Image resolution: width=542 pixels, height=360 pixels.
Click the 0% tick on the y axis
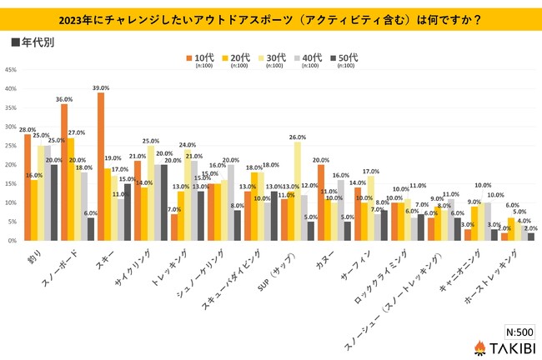click(10, 241)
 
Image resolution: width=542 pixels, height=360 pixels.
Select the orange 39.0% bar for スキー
click(101, 166)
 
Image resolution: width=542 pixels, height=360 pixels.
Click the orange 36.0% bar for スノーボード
click(64, 172)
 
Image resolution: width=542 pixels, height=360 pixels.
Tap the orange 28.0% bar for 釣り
click(28, 187)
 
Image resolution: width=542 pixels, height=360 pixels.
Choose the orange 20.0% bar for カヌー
click(321, 202)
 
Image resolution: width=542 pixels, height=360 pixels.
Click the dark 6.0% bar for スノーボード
click(91, 229)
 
